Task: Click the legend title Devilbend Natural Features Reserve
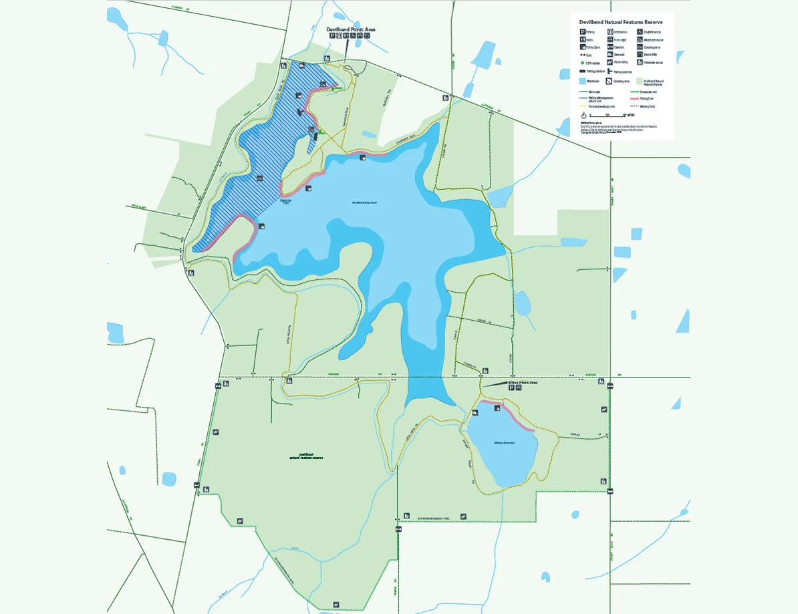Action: (x=621, y=22)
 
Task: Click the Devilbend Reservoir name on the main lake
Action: (x=366, y=203)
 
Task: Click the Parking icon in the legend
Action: (x=582, y=31)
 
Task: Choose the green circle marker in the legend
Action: (x=582, y=63)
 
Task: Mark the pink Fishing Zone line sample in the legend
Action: (x=634, y=98)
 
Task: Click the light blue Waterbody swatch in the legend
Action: (x=582, y=82)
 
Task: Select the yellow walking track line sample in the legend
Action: (x=582, y=106)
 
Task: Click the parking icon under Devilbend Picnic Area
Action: (x=331, y=36)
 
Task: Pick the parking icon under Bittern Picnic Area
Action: (x=512, y=388)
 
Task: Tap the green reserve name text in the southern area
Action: (x=307, y=456)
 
